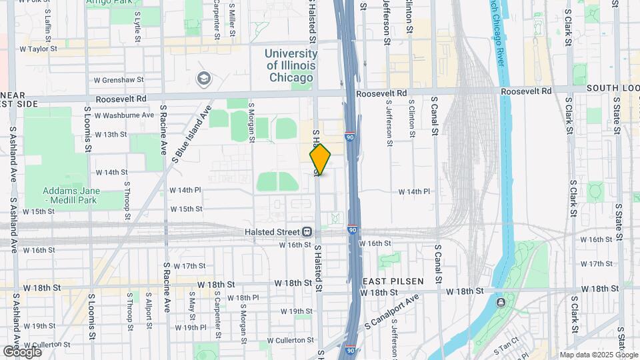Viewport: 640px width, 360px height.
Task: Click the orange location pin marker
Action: (320, 159)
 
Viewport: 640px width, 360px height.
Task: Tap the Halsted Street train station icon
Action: (307, 232)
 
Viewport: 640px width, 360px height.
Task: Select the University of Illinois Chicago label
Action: (290, 65)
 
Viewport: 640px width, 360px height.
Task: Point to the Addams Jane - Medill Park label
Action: (71, 195)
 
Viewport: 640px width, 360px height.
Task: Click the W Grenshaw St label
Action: (119, 80)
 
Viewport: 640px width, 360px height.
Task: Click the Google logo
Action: (22, 351)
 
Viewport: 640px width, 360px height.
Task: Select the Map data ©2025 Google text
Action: (598, 355)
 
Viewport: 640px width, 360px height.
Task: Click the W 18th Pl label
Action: (243, 297)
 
